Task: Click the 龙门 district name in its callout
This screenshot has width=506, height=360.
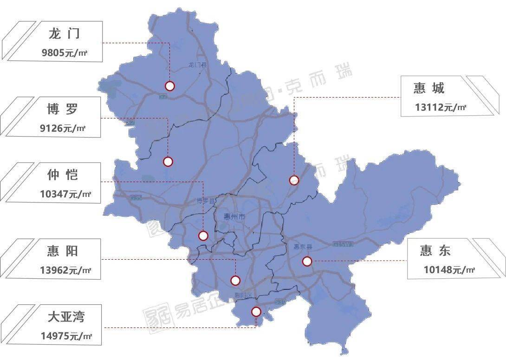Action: [64, 34]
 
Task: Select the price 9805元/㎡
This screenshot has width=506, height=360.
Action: [65, 53]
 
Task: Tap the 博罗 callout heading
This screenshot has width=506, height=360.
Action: [62, 110]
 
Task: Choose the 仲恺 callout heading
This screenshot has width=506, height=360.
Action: [63, 175]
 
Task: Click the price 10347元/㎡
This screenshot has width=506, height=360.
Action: [65, 194]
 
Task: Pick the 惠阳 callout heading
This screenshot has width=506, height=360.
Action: [63, 251]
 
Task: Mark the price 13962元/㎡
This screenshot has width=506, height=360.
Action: [65, 270]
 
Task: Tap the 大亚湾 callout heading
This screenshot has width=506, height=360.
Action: [66, 317]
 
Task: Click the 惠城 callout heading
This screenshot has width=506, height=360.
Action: [429, 88]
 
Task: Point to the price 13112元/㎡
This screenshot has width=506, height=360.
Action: [441, 107]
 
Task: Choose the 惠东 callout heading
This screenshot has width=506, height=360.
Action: [435, 251]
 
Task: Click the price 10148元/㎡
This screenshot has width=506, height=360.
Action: [449, 270]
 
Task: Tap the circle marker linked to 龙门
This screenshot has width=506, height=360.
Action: [170, 86]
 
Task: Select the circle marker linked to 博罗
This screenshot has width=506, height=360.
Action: [168, 162]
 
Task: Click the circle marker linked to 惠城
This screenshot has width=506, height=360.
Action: [294, 180]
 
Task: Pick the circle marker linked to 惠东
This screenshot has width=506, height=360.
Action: [307, 262]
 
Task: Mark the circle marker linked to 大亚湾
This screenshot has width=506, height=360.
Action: [256, 312]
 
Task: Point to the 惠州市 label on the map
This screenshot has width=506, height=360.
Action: [234, 217]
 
